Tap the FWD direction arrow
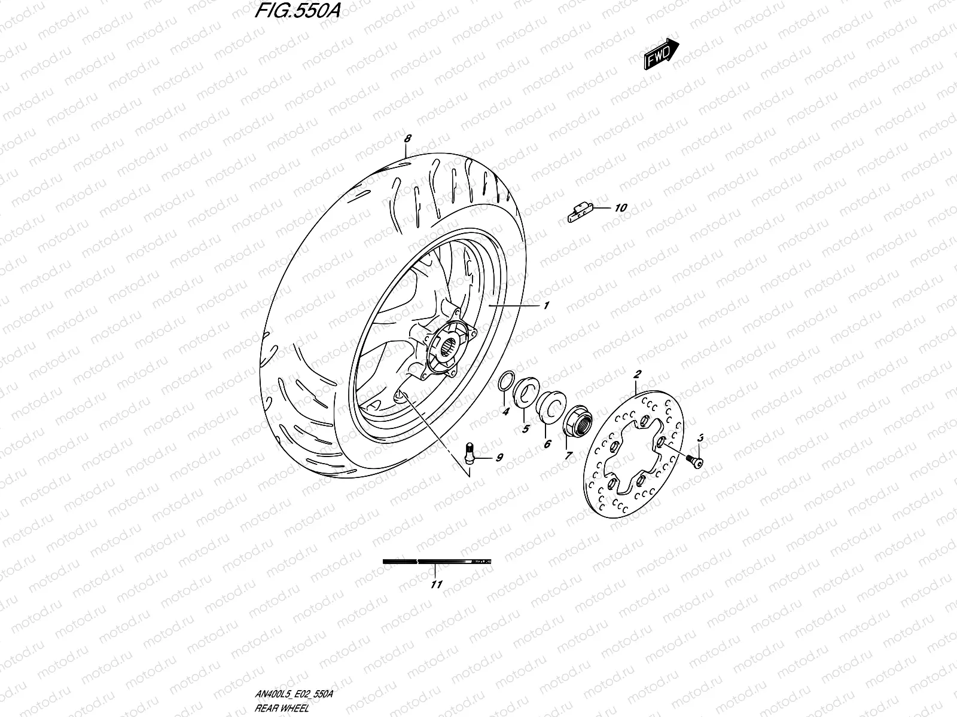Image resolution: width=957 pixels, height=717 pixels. pos(661,54)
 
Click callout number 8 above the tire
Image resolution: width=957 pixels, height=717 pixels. pos(407,139)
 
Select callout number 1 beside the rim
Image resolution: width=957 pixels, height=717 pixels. pos(546,305)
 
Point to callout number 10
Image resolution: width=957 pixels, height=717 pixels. pos(620,208)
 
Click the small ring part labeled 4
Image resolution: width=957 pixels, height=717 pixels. pos(506,382)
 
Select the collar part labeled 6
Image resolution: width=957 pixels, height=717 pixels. pos(550,404)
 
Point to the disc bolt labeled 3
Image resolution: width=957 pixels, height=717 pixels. pos(696,459)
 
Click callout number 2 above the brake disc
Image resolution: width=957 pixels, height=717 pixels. pos(637,374)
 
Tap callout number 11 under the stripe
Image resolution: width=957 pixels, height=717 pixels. pos(437,584)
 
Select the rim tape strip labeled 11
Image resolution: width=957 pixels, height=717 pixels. pos(437,562)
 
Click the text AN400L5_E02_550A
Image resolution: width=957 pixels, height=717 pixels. pos(291,694)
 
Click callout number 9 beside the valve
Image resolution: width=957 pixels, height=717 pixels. pos(498,458)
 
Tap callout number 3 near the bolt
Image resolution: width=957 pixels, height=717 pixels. pos(700,438)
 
